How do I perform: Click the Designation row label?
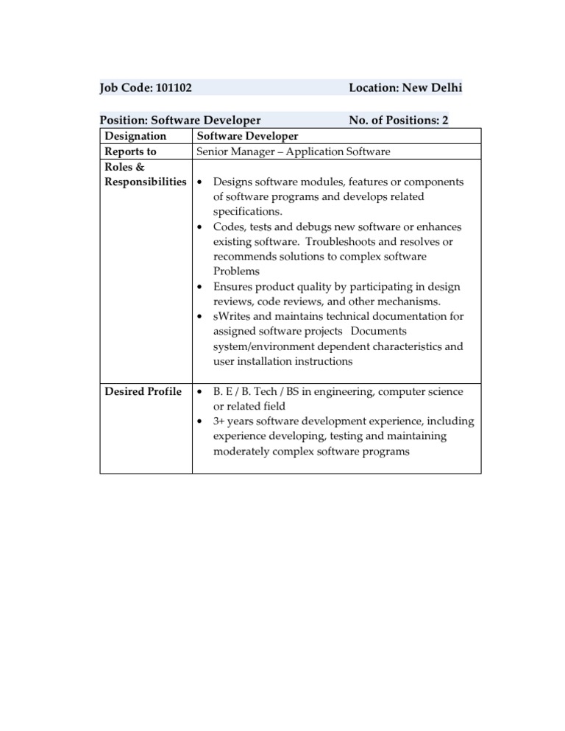[x=135, y=136]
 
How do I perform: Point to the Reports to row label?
[x=131, y=151]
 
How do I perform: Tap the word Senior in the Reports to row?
[x=213, y=151]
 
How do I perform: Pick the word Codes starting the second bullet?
[x=229, y=227]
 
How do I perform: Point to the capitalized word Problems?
[x=236, y=271]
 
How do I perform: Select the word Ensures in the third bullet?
[x=232, y=286]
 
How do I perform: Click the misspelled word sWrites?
[x=232, y=316]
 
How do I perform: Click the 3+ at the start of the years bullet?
[x=219, y=421]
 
